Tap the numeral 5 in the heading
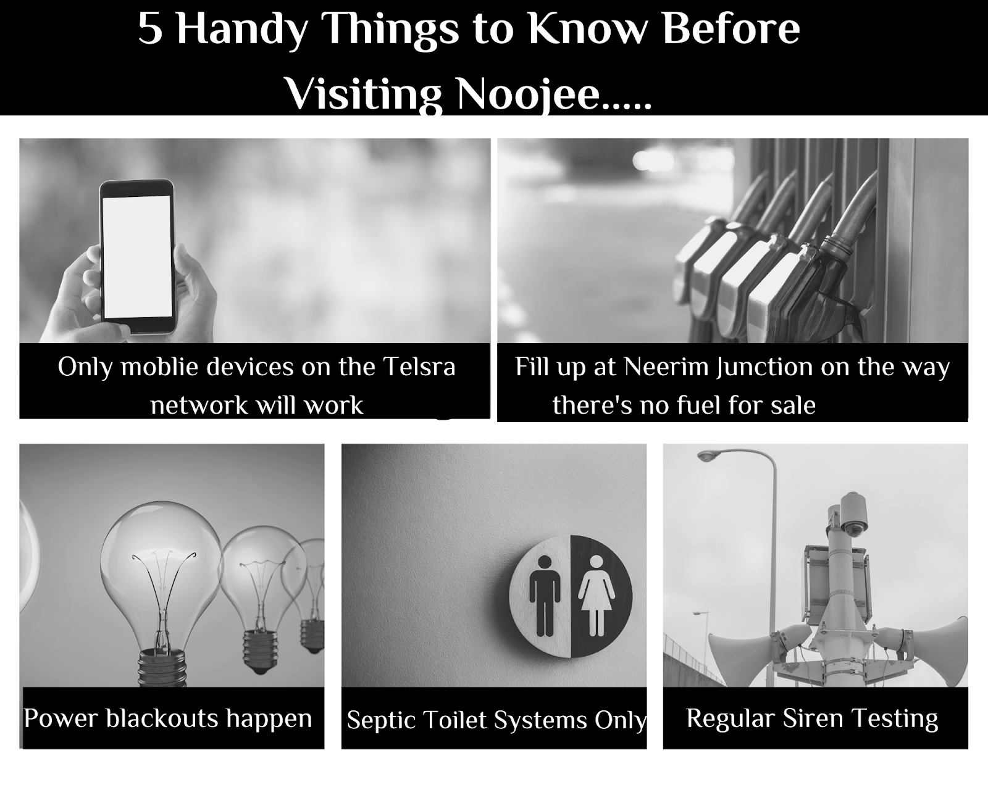(150, 29)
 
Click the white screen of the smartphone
(137, 256)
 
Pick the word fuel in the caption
(697, 405)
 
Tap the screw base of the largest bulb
(162, 667)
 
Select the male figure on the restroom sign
(545, 596)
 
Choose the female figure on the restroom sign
(596, 596)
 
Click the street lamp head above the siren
(710, 455)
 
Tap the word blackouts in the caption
(162, 718)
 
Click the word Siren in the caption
(813, 718)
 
